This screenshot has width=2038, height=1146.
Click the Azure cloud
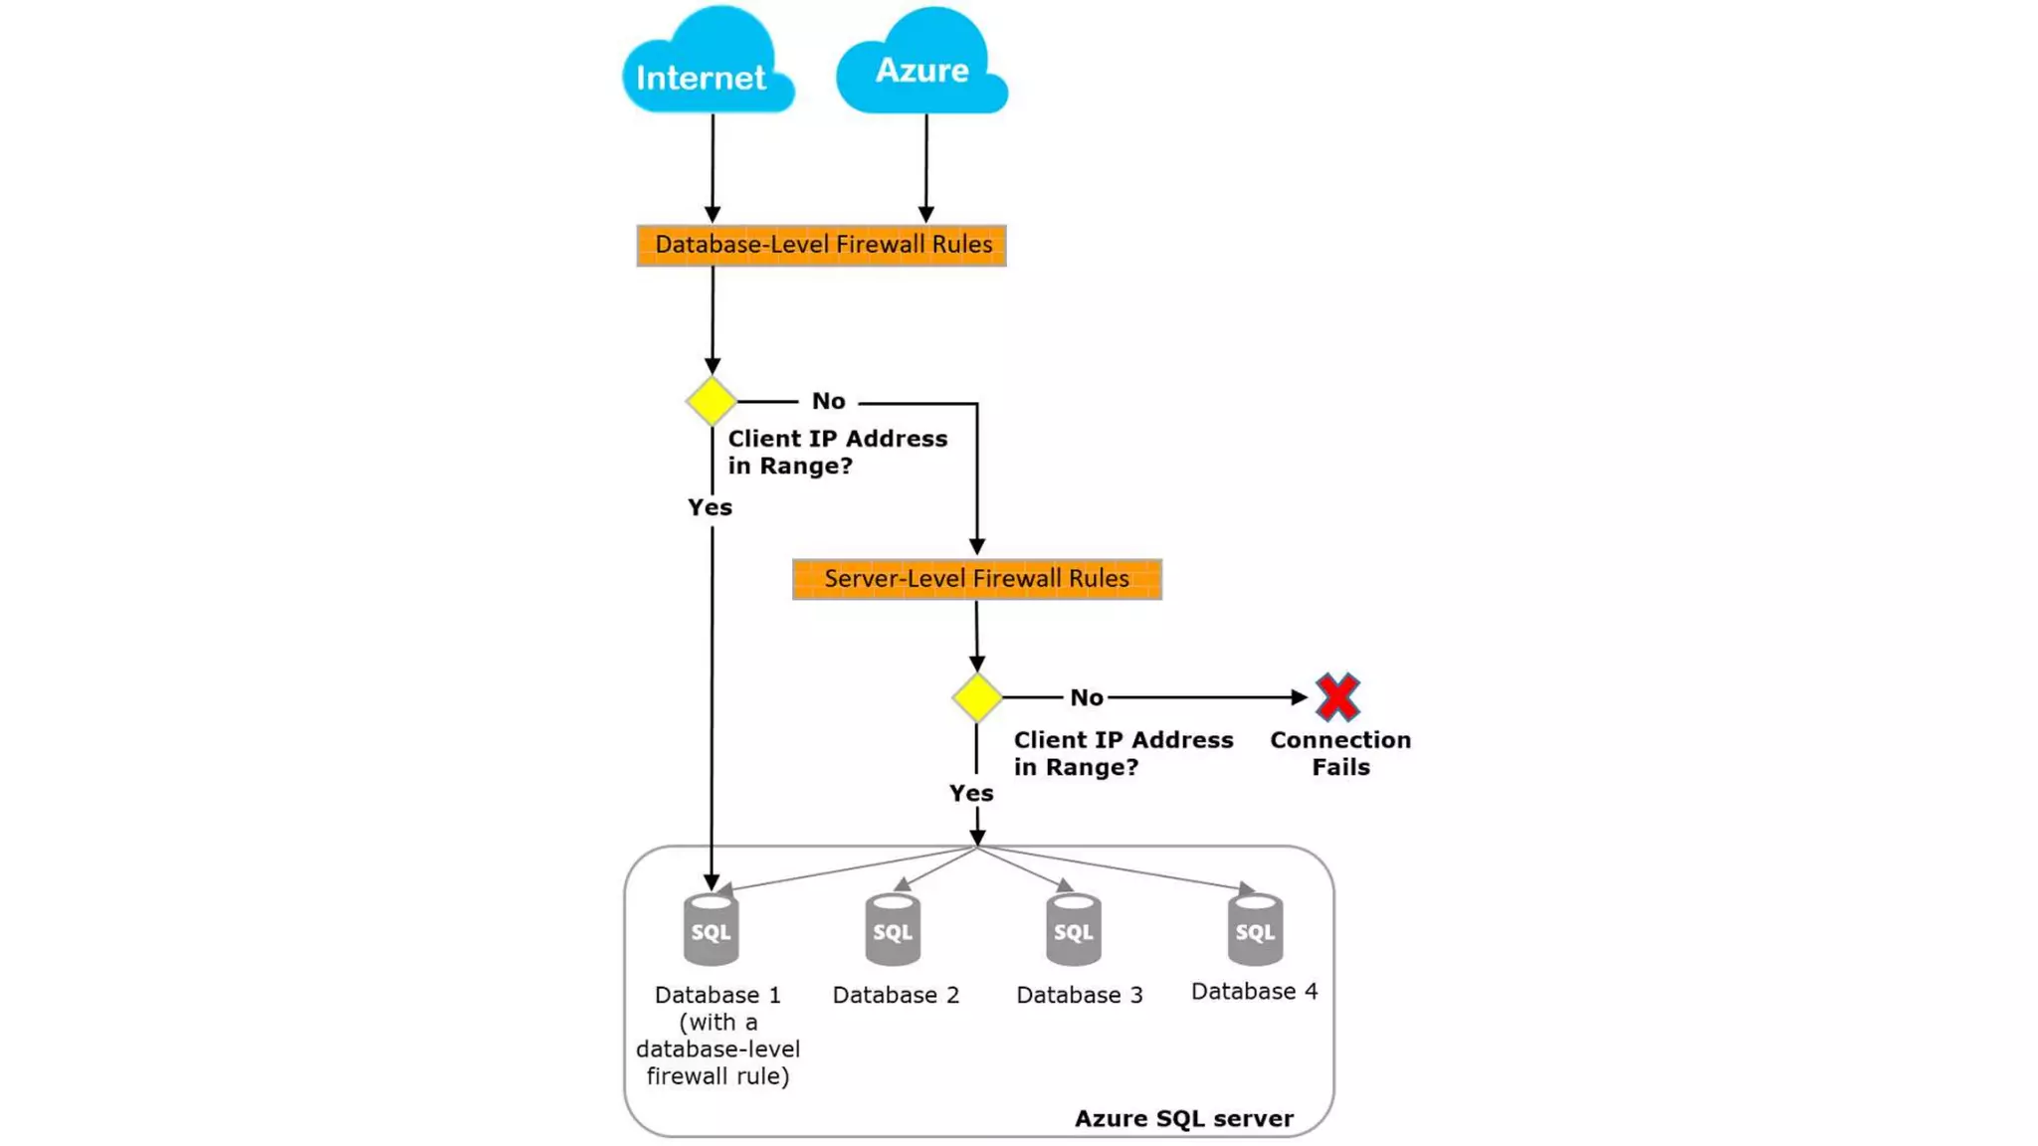[921, 66]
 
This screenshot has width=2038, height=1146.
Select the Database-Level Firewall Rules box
[822, 246]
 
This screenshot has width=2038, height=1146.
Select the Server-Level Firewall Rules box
[976, 579]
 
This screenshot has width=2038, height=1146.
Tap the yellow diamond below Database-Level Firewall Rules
[712, 402]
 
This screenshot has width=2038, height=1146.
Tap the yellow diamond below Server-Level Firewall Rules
[976, 697]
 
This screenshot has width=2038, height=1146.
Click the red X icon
[1337, 697]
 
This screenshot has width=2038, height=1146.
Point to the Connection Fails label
[1339, 753]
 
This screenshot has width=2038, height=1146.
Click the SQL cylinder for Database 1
[711, 930]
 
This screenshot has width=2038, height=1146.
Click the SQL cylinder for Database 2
[892, 930]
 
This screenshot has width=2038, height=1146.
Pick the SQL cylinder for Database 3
[1073, 930]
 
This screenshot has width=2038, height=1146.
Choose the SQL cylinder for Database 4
[1254, 930]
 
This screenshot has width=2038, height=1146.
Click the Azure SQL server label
[1183, 1118]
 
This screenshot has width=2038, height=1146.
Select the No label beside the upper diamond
[828, 401]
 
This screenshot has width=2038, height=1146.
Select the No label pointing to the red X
[1086, 697]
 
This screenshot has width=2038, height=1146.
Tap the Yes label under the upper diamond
[710, 507]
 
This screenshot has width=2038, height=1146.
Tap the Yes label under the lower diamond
[970, 793]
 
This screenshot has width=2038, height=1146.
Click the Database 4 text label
[1254, 991]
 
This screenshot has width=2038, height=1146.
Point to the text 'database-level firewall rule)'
[717, 1062]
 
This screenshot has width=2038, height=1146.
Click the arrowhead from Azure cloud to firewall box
[925, 214]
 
